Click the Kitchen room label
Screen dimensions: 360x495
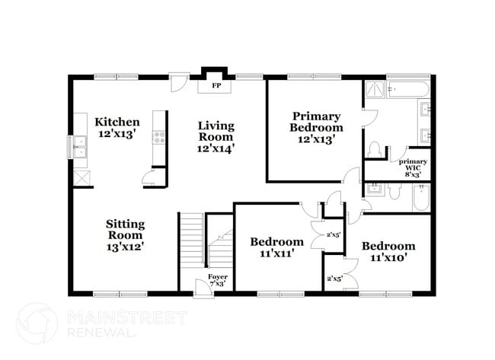pyautogui.click(x=117, y=128)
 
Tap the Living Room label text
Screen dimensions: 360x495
pyautogui.click(x=216, y=137)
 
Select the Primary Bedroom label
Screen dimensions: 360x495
pyautogui.click(x=315, y=127)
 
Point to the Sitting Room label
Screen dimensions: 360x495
pyautogui.click(x=124, y=234)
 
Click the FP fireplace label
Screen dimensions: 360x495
pyautogui.click(x=216, y=85)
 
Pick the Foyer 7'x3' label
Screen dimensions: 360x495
pyautogui.click(x=218, y=280)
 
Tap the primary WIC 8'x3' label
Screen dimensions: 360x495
pyautogui.click(x=413, y=167)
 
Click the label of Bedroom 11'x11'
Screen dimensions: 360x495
pyautogui.click(x=277, y=247)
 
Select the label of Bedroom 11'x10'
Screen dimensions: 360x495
pyautogui.click(x=388, y=251)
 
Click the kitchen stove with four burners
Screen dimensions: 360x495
pyautogui.click(x=160, y=138)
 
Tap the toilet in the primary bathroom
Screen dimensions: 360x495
pyautogui.click(x=373, y=147)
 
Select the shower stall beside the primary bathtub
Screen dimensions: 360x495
pyautogui.click(x=374, y=91)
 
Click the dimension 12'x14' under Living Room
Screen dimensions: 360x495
pyautogui.click(x=216, y=149)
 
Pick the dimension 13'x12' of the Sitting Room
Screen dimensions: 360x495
pyautogui.click(x=124, y=247)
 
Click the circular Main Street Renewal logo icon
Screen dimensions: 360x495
pyautogui.click(x=37, y=323)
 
